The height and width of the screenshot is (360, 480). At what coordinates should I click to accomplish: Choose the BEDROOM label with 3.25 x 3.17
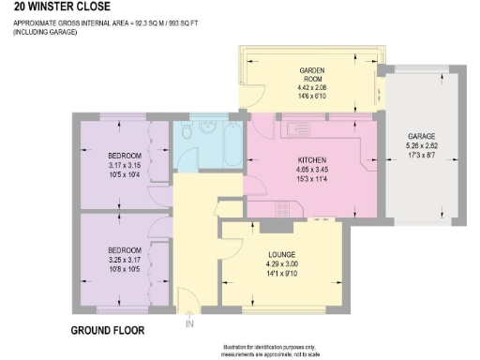click(x=124, y=249)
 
